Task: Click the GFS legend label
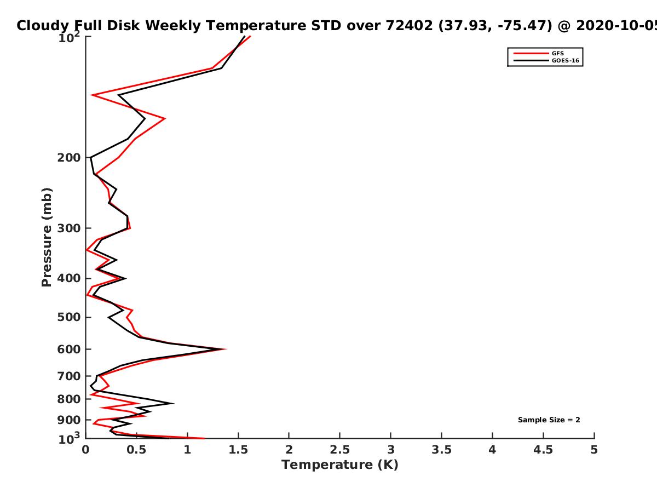[557, 54]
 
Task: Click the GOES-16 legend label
[565, 61]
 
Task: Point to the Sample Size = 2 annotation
[549, 420]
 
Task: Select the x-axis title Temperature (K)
[340, 465]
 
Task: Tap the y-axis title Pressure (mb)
[47, 237]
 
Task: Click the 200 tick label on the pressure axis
[69, 157]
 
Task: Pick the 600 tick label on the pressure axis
[69, 349]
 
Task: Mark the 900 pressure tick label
[69, 420]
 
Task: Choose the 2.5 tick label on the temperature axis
[340, 450]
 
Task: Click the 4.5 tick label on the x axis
[543, 450]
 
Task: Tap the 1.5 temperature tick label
[238, 450]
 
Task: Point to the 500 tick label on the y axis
[69, 317]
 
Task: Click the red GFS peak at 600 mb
[225, 349]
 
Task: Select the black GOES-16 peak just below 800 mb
[172, 404]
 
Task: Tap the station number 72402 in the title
[409, 25]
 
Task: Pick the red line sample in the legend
[531, 54]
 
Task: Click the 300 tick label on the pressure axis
[69, 228]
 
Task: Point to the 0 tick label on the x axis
[85, 450]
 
